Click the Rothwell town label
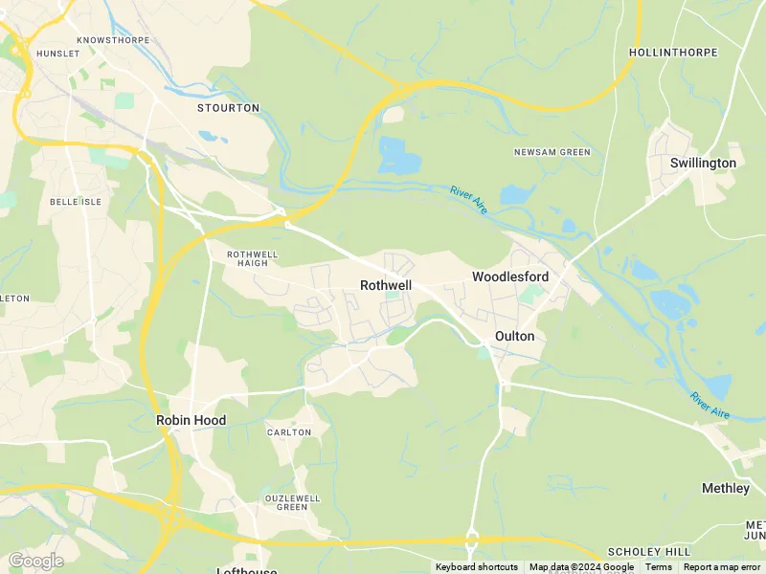coord(387,285)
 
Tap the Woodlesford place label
coord(510,276)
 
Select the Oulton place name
coord(514,337)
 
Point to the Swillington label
coord(703,163)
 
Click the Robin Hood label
coord(191,420)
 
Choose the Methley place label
coord(726,488)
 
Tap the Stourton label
coord(228,108)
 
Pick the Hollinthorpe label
coord(673,52)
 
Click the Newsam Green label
coord(552,152)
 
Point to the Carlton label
coord(289,432)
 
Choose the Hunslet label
coord(57,54)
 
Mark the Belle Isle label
coord(70,203)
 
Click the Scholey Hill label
coord(649,553)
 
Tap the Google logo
coord(35,561)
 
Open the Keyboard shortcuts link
coord(477,567)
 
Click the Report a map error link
coord(723,567)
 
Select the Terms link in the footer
coord(658,567)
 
